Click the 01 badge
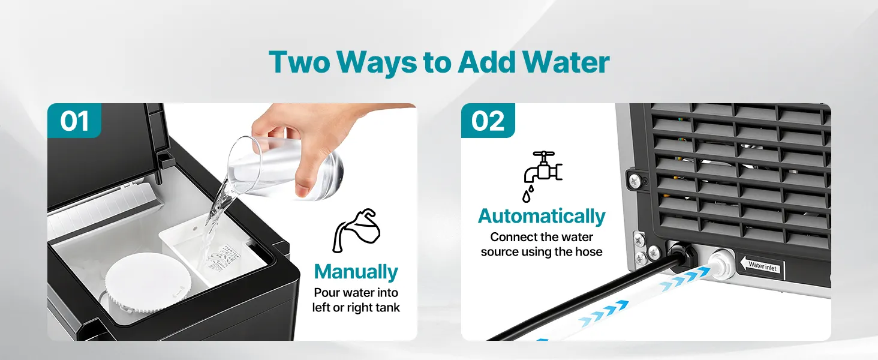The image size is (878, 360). coord(74,121)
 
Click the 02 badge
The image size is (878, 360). coord(488,121)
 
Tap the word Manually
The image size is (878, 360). coord(356,272)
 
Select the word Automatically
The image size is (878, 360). coord(542,216)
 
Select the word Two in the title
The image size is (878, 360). coord(299,62)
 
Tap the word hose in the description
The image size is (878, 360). coord(588,252)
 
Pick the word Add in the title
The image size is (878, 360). coord(486,62)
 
